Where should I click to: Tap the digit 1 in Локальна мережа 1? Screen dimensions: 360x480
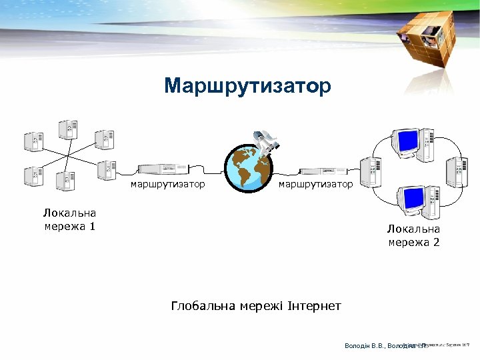(92, 227)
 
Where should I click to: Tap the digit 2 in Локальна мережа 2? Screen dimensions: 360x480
(436, 242)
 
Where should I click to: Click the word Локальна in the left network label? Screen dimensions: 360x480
(69, 213)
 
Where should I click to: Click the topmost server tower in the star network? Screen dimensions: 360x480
(67, 129)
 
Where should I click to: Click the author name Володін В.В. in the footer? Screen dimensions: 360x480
(364, 346)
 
